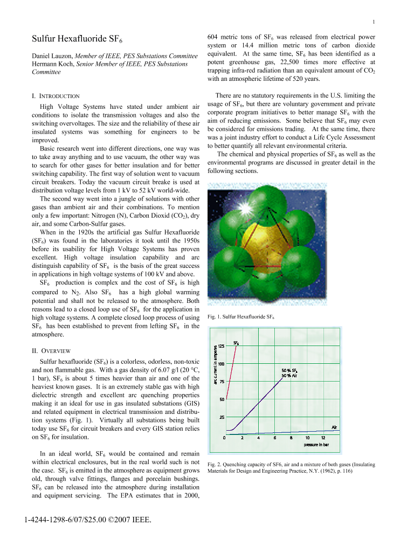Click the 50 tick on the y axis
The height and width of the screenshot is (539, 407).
point(221,399)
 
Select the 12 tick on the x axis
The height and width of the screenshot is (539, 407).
point(323,438)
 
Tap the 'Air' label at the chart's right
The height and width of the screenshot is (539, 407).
point(334,427)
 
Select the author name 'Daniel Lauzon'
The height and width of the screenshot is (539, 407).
point(52,56)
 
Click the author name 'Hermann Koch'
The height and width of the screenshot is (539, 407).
point(53,64)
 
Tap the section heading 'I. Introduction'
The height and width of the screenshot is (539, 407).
point(56,96)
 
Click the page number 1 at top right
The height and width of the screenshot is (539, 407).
point(373,22)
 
